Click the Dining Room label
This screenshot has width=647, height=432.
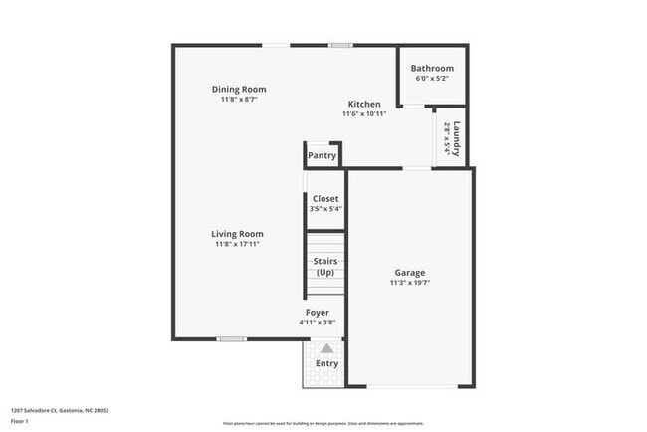tap(239, 89)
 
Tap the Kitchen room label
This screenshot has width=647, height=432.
tap(363, 104)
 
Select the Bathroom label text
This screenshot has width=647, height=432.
tap(432, 68)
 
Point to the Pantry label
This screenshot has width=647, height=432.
tap(322, 155)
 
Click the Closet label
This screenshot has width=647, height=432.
tap(325, 198)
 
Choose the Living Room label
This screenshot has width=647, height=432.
tap(237, 234)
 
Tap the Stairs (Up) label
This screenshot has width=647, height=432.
tap(325, 267)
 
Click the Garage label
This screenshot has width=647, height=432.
tap(409, 272)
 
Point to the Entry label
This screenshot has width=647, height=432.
tap(326, 363)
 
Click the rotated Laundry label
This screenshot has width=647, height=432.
tap(456, 138)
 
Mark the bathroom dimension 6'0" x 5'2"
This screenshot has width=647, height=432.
tap(432, 78)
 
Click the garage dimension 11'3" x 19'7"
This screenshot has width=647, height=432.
tap(409, 283)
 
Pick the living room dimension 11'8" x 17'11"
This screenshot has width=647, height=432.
tap(237, 245)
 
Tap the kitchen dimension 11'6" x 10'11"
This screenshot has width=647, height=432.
tap(363, 113)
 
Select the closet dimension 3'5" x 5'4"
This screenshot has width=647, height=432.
tap(325, 209)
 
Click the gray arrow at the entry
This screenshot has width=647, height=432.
tap(326, 348)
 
